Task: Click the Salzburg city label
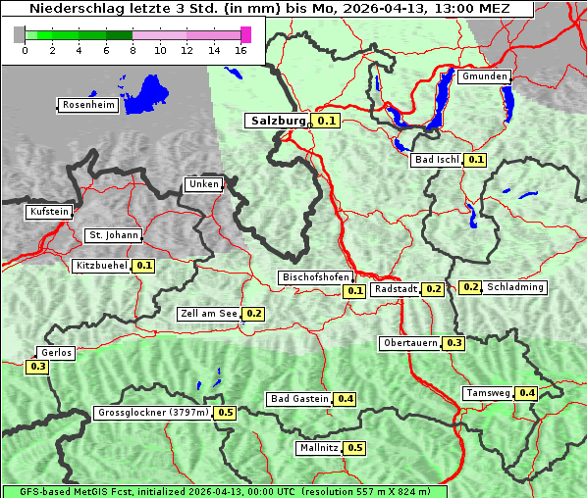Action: [x=278, y=121]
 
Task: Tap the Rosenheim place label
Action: [x=86, y=105]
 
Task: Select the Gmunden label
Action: [x=484, y=76]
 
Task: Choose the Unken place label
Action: [x=203, y=184]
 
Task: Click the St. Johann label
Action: [x=113, y=235]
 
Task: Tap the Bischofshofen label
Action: [x=314, y=278]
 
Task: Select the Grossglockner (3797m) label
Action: [x=153, y=413]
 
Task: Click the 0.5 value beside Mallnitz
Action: [x=355, y=448]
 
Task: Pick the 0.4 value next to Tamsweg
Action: [x=527, y=393]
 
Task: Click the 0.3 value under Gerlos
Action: [x=38, y=367]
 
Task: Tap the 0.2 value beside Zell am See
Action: [x=254, y=314]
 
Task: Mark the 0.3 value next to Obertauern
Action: [x=454, y=343]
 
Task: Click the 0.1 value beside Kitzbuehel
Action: [x=144, y=266]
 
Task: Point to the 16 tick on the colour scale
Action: [x=241, y=50]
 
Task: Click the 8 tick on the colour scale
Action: [x=133, y=50]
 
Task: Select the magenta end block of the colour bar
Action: [x=245, y=34]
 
